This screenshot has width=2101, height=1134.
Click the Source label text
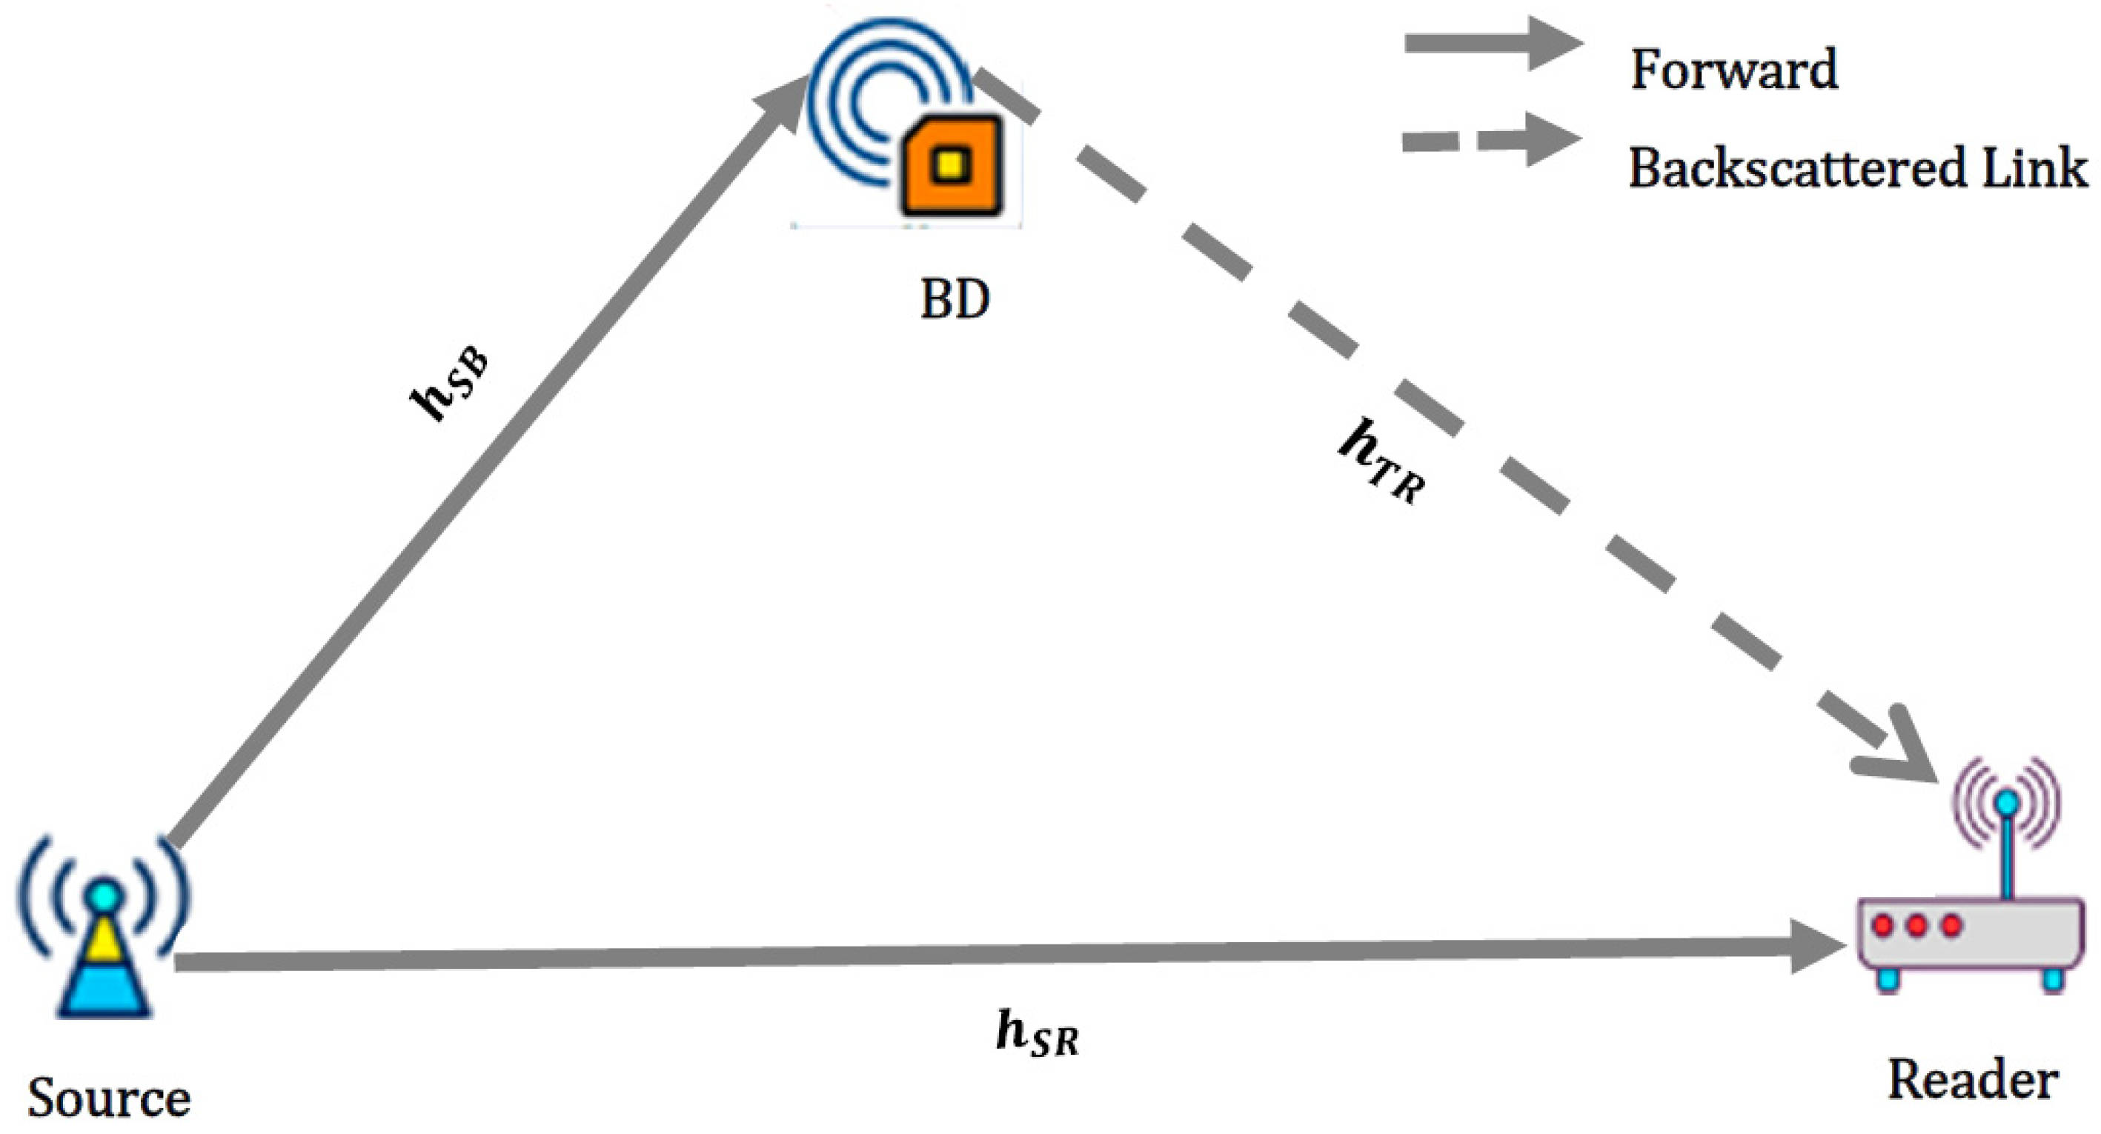[108, 1098]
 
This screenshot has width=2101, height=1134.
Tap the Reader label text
[1972, 1080]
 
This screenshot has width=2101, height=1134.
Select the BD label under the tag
[955, 300]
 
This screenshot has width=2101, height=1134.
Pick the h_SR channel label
[1037, 1034]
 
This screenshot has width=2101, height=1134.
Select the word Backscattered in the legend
[1795, 169]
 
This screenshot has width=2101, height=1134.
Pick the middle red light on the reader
[1916, 926]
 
